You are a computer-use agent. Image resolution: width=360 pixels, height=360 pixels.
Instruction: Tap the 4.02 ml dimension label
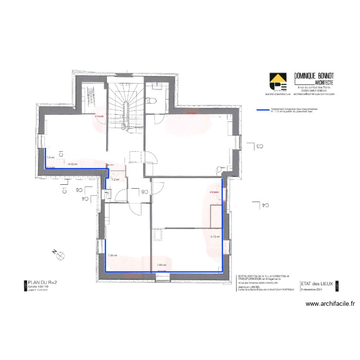[73, 164]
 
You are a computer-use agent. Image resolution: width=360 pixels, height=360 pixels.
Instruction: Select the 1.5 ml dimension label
[50, 157]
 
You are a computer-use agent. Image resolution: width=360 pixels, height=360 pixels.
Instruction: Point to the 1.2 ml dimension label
[115, 179]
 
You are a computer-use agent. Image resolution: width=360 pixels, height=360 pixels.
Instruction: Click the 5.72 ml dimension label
[215, 236]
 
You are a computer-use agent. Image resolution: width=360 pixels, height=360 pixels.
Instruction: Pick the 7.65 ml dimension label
[161, 265]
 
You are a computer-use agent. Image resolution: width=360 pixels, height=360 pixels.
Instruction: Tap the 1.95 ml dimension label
[112, 255]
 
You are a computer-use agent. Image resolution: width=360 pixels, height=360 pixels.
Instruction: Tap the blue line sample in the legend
[263, 110]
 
